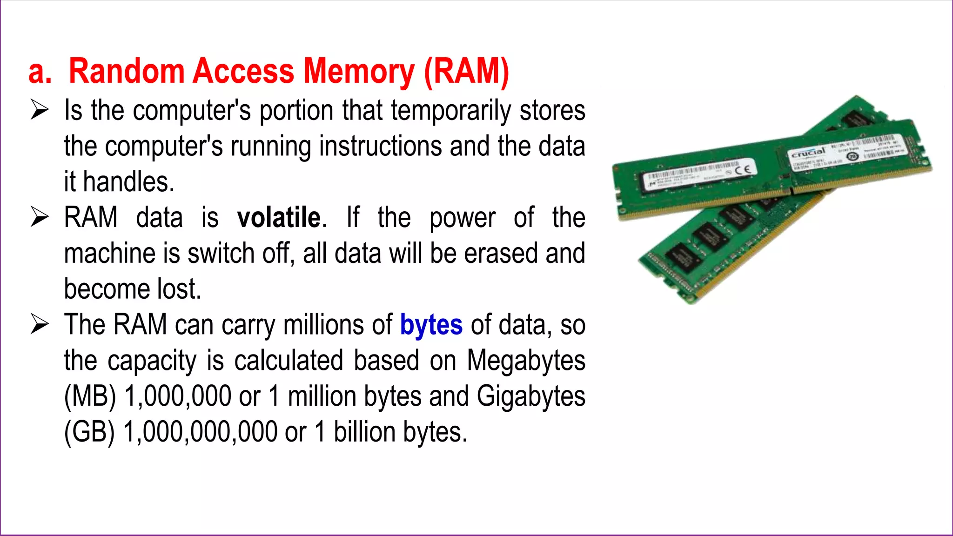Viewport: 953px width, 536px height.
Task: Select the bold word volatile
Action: tap(279, 218)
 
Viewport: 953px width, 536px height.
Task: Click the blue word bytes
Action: tap(431, 325)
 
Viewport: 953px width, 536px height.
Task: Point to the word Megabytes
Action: tap(526, 361)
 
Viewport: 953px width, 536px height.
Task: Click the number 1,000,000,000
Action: tap(200, 432)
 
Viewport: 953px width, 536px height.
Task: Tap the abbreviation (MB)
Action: tap(90, 397)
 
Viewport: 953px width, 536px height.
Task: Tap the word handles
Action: tap(128, 182)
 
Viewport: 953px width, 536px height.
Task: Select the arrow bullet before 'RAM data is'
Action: tap(40, 217)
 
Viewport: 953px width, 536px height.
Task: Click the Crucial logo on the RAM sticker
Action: tap(808, 153)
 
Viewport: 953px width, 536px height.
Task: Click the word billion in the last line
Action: tap(364, 432)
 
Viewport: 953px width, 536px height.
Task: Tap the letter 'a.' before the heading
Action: tap(40, 72)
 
